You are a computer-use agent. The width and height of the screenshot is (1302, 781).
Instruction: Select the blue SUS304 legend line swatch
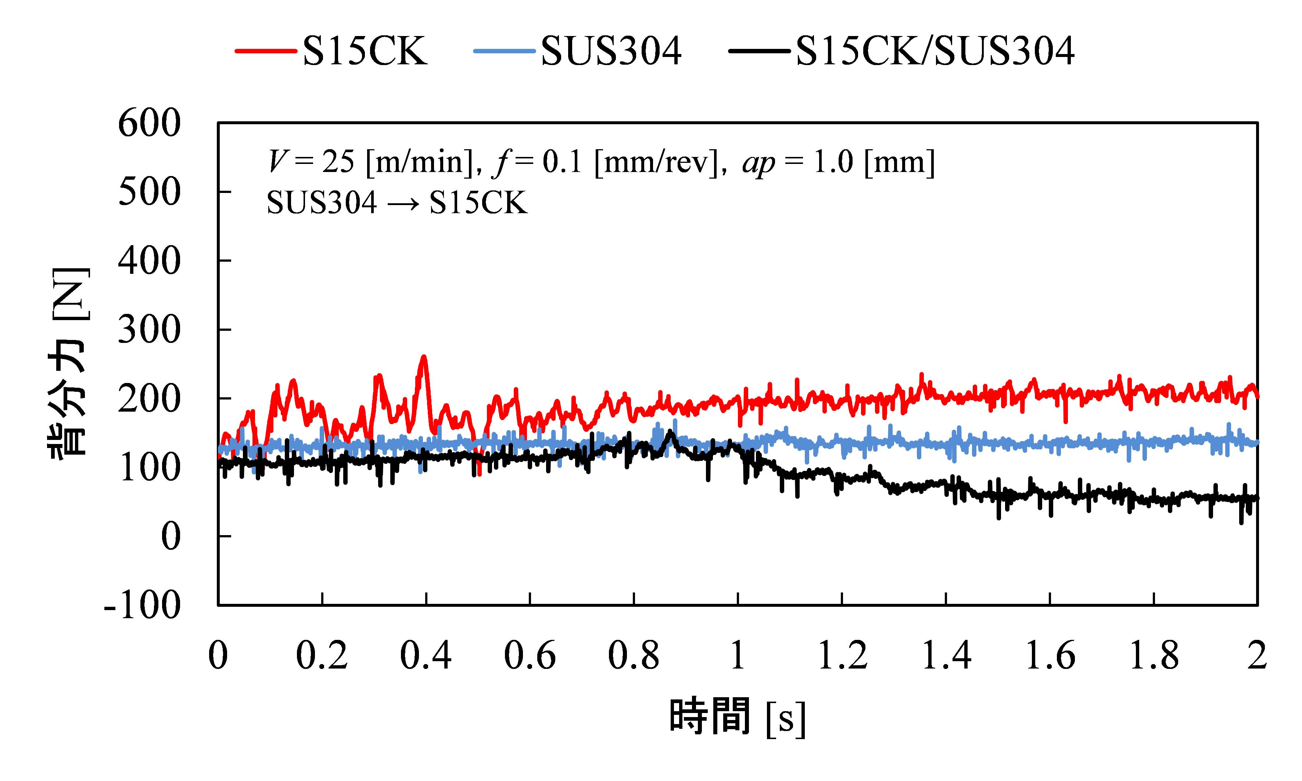tap(503, 51)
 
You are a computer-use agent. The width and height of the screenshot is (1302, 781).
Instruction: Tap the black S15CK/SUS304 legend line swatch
tap(758, 51)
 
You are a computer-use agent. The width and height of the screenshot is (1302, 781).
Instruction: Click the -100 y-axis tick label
tap(143, 605)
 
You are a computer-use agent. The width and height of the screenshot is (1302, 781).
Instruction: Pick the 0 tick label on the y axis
tap(170, 537)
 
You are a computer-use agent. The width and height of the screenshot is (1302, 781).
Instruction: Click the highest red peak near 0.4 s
tap(423, 357)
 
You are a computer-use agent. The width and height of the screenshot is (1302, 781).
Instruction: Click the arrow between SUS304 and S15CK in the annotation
tap(403, 203)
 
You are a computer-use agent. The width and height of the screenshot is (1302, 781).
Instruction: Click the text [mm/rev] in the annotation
tap(656, 162)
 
